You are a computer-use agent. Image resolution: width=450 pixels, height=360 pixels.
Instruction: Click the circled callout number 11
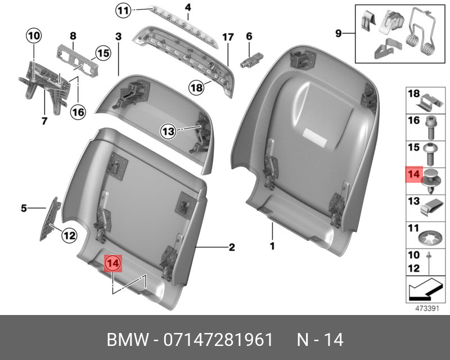(123, 10)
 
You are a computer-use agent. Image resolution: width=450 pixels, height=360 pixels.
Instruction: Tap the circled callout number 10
(34, 37)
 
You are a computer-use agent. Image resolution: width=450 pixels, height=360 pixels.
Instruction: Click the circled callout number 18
(195, 87)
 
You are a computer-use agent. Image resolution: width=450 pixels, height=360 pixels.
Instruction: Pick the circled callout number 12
(68, 236)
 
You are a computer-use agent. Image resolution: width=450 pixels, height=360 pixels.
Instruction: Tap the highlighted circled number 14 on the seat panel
(113, 263)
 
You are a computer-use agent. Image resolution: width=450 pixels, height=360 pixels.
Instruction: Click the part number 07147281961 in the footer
(218, 340)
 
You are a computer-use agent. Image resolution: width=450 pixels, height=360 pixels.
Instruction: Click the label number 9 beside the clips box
(339, 33)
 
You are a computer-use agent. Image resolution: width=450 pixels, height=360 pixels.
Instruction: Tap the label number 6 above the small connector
(248, 36)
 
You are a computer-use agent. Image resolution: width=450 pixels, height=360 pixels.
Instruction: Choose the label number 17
(227, 37)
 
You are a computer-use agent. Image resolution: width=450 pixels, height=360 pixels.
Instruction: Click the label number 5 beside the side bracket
(24, 209)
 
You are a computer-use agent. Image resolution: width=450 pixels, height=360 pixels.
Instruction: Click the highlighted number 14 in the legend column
(413, 174)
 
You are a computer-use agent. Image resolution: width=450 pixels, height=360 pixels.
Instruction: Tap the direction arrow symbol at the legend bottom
(425, 291)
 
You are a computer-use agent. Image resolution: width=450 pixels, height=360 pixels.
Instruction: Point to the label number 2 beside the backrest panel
(231, 247)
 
